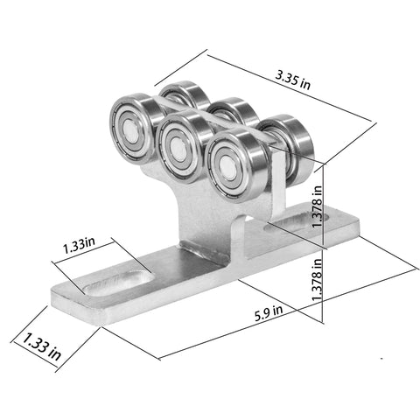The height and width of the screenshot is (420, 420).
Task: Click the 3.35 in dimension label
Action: [293, 80]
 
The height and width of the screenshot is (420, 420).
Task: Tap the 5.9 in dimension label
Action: [269, 313]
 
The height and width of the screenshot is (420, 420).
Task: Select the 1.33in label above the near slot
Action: [79, 245]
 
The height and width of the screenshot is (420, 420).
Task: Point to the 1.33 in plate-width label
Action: [42, 346]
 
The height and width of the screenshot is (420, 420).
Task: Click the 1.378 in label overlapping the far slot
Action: [317, 206]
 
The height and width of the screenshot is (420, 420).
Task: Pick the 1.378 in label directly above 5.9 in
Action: [317, 279]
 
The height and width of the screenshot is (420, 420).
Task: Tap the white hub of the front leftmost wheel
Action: [130, 129]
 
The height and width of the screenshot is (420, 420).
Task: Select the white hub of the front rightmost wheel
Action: [227, 168]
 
